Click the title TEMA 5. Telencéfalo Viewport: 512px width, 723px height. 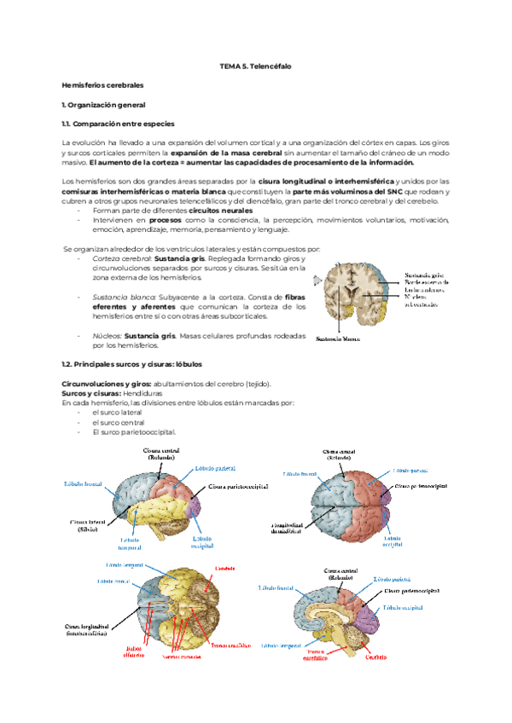[256, 65]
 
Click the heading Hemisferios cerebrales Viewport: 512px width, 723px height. [103, 86]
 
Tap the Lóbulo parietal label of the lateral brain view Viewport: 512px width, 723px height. [216, 468]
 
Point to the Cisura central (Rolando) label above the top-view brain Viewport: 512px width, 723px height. [339, 454]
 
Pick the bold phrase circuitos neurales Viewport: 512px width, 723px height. [221, 210]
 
